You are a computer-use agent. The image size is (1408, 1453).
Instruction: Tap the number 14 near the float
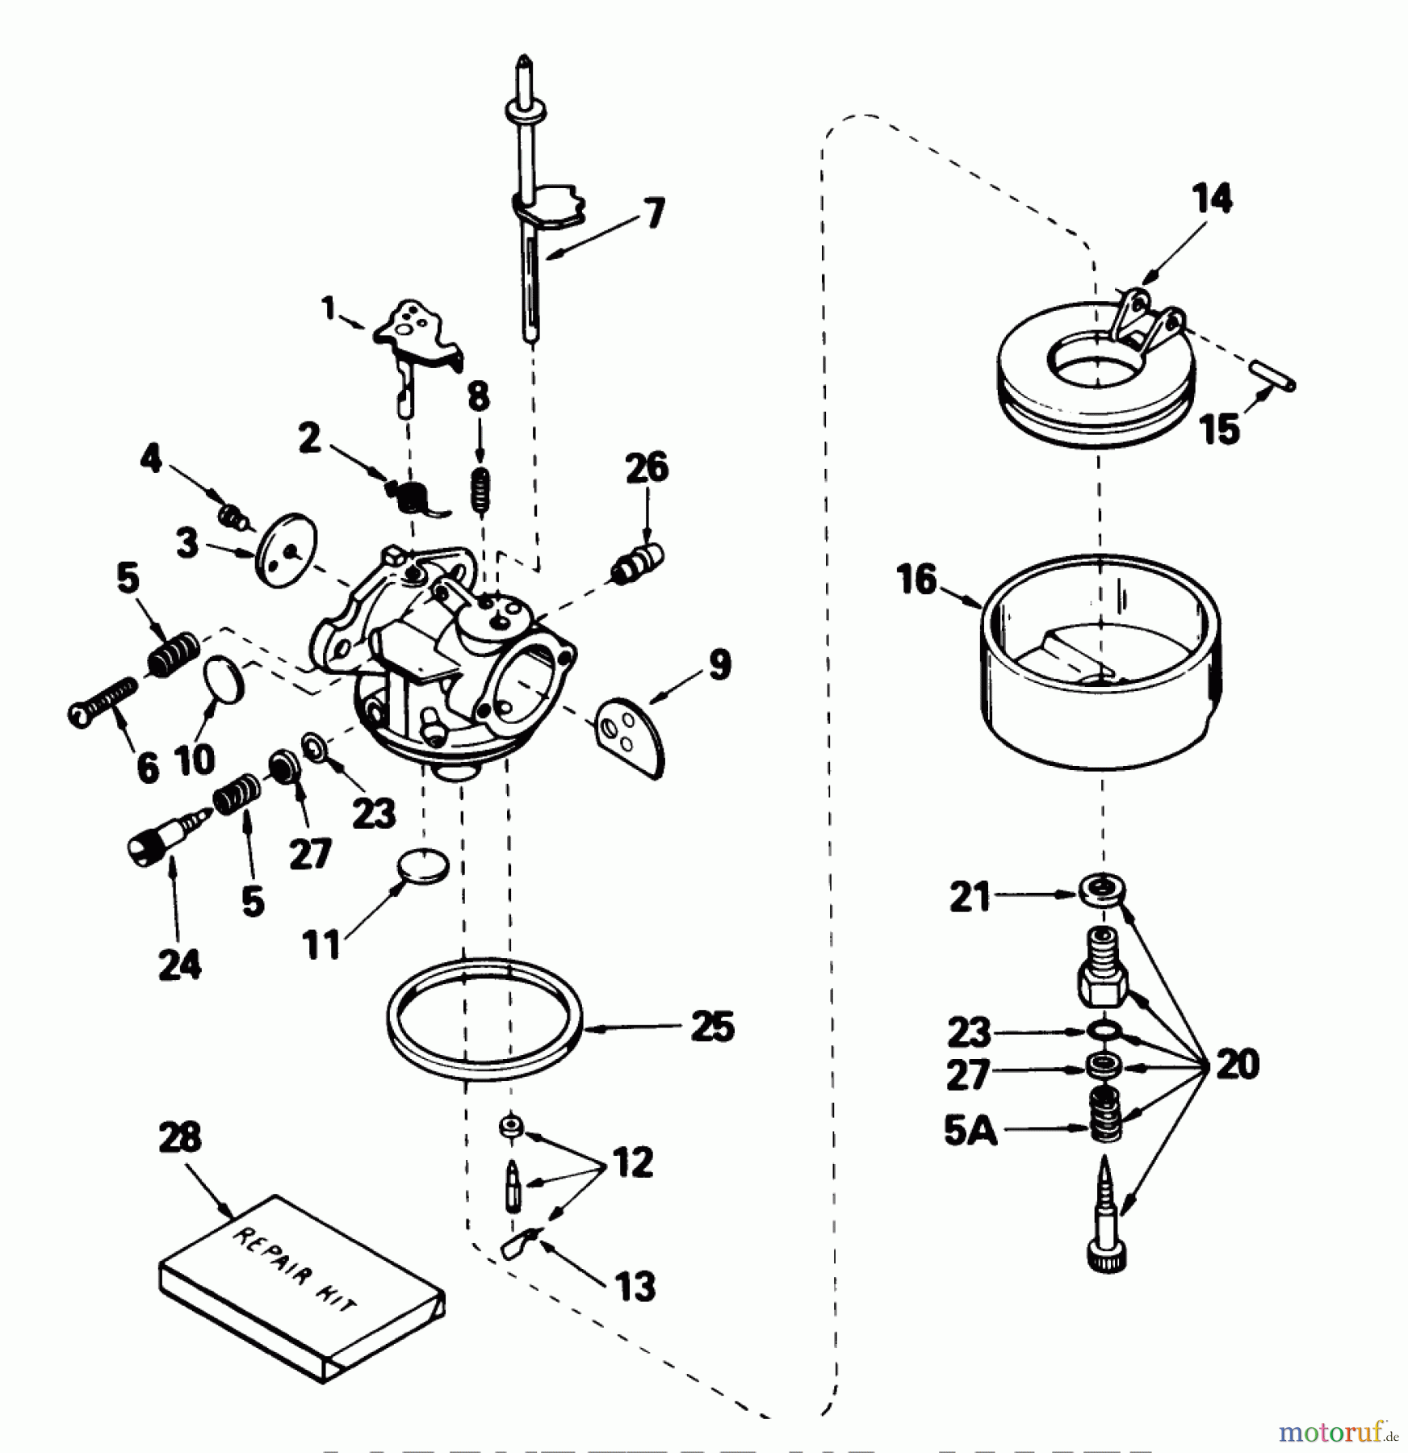point(1212,199)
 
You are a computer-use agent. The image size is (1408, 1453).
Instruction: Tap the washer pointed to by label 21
point(1102,891)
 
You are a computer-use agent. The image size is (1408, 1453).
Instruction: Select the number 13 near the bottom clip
point(635,1286)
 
